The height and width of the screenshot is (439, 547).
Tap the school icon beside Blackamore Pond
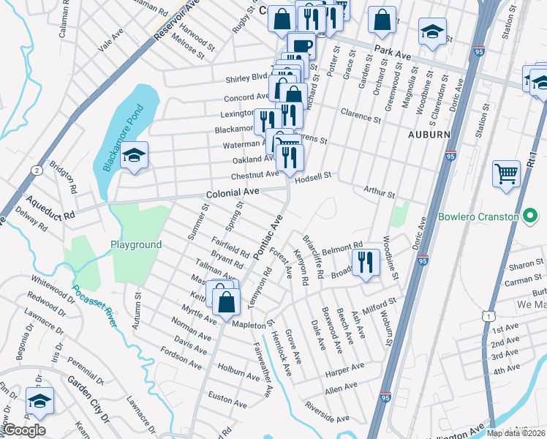(x=133, y=155)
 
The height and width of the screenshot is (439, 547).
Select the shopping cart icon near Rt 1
(x=506, y=174)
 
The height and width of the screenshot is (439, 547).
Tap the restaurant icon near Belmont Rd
(x=364, y=261)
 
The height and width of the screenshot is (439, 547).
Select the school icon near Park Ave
(x=432, y=31)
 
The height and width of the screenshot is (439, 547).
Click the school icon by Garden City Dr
(x=39, y=400)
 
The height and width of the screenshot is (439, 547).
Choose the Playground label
(x=135, y=244)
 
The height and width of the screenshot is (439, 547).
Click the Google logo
(x=23, y=430)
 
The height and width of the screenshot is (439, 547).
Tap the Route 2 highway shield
(x=35, y=170)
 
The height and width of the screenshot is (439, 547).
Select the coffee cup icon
(x=301, y=45)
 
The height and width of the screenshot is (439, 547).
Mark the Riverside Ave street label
(x=327, y=413)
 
